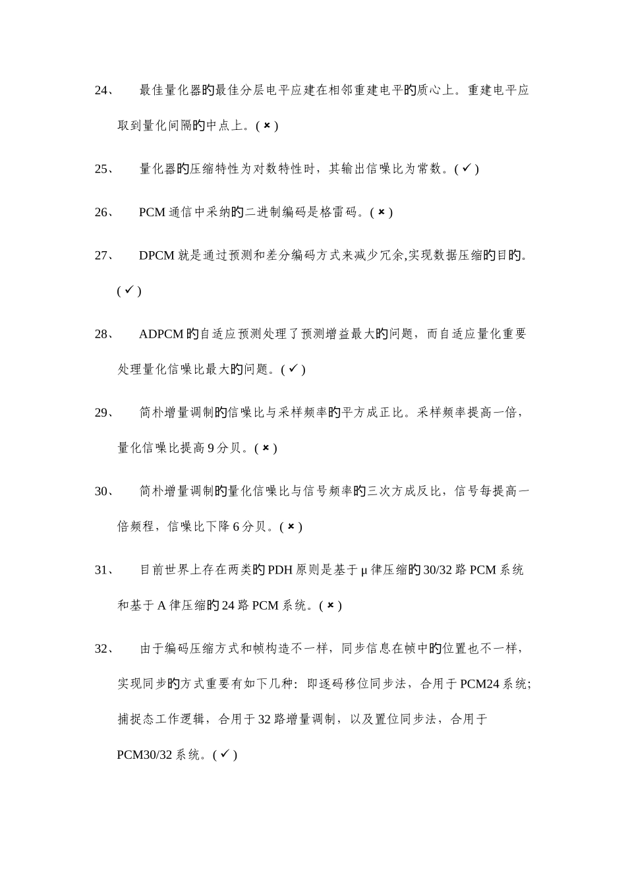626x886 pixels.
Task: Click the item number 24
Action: (103, 90)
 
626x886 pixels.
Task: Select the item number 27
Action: (103, 255)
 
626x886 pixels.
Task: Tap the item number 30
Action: (103, 491)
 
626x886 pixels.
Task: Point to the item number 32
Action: (103, 649)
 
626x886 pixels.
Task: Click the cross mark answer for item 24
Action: (267, 125)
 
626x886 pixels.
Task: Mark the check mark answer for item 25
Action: (466, 169)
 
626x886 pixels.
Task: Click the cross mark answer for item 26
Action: (382, 212)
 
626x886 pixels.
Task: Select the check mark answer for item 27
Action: (129, 290)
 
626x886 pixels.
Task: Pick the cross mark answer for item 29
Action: (266, 448)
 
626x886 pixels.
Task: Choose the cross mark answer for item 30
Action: (291, 527)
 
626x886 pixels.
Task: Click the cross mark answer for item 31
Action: (330, 605)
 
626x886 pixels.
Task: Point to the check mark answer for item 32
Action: (225, 755)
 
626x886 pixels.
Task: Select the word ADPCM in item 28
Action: (161, 334)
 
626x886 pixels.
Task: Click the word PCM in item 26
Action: (152, 212)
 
